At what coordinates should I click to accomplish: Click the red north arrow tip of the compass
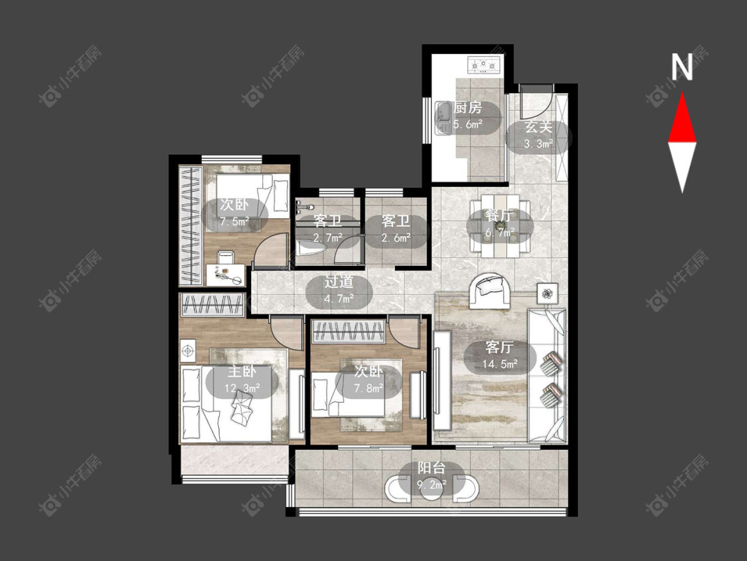pyautogui.click(x=682, y=93)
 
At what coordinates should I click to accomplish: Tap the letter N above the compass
pyautogui.click(x=682, y=67)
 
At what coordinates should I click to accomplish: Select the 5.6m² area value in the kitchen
pyautogui.click(x=467, y=125)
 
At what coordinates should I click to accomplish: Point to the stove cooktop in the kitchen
pyautogui.click(x=485, y=65)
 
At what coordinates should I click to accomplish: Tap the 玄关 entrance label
pyautogui.click(x=539, y=128)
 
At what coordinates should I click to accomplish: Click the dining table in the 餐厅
pyautogui.click(x=500, y=226)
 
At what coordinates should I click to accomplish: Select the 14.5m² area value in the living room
pyautogui.click(x=499, y=364)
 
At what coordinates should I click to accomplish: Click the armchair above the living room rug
pyautogui.click(x=487, y=290)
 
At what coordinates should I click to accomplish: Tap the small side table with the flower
pyautogui.click(x=548, y=293)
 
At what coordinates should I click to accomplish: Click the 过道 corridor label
pyautogui.click(x=339, y=282)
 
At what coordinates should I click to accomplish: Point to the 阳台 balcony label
pyautogui.click(x=432, y=468)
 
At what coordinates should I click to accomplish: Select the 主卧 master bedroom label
pyautogui.click(x=242, y=371)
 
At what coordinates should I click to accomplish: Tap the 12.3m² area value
pyautogui.click(x=242, y=388)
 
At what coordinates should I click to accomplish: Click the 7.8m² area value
pyautogui.click(x=369, y=389)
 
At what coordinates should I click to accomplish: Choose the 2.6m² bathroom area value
pyautogui.click(x=396, y=237)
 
